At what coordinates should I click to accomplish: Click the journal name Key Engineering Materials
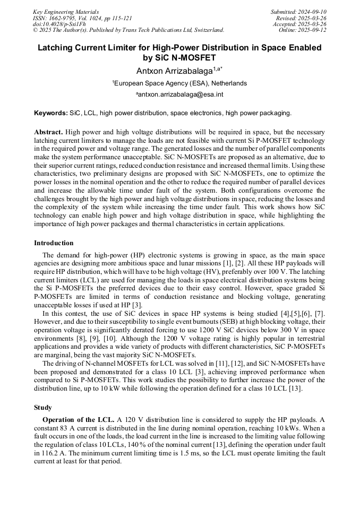tap(65, 12)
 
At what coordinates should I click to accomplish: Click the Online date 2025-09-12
tap(312, 30)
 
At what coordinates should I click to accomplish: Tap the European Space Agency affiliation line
tap(180, 83)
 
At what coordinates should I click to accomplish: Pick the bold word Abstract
tap(48, 132)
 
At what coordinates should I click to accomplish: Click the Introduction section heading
tap(54, 243)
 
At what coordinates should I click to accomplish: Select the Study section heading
tap(43, 408)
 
